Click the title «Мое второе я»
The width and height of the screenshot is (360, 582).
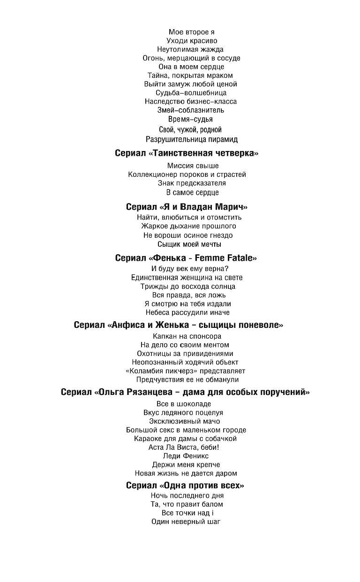pyautogui.click(x=191, y=32)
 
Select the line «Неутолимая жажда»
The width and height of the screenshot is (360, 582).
pyautogui.click(x=190, y=49)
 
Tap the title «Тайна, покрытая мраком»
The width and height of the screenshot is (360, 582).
pyautogui.click(x=190, y=76)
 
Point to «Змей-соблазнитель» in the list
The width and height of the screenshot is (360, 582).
pyautogui.click(x=191, y=110)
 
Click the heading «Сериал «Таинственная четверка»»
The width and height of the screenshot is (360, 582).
pyautogui.click(x=187, y=153)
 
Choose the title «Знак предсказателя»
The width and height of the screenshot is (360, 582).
pyautogui.click(x=192, y=183)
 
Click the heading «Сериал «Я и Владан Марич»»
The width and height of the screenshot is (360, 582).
pyautogui.click(x=187, y=207)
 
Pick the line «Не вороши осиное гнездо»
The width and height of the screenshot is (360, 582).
pyautogui.click(x=188, y=235)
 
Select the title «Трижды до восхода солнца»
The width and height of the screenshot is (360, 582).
pyautogui.click(x=188, y=287)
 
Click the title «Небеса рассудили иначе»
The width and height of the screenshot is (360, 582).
pyautogui.click(x=187, y=312)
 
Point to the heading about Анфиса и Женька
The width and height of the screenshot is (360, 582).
pyautogui.click(x=179, y=325)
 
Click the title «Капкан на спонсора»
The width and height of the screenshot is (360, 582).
pyautogui.click(x=187, y=336)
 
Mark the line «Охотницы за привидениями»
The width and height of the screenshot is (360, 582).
pyautogui.click(x=185, y=354)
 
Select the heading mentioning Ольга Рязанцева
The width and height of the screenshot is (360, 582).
pyautogui.click(x=185, y=392)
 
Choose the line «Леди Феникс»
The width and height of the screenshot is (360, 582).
pyautogui.click(x=186, y=456)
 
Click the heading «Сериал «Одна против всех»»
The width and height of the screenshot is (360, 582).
pyautogui.click(x=185, y=485)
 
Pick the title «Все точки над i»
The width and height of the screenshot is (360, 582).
pyautogui.click(x=187, y=513)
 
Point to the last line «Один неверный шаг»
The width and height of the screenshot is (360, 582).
pyautogui.click(x=186, y=522)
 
